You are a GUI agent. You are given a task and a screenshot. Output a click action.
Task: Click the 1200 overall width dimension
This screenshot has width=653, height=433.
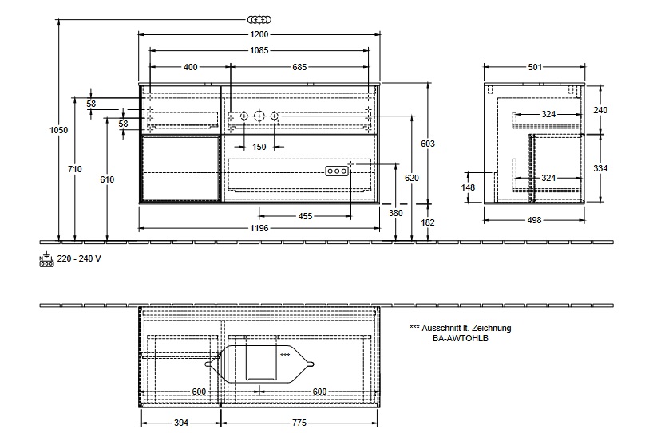(x=259, y=34)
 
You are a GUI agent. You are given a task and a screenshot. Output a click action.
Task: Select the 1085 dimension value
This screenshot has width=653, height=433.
(x=259, y=50)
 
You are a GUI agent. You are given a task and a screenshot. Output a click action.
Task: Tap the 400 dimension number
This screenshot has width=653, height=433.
(x=191, y=67)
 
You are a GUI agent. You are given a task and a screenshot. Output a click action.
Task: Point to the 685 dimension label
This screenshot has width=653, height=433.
(x=299, y=67)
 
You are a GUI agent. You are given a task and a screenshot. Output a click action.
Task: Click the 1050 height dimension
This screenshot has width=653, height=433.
(x=59, y=130)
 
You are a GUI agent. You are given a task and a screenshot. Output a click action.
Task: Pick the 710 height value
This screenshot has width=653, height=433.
(x=75, y=169)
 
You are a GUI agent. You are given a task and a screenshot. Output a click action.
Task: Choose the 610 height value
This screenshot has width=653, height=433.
(x=107, y=179)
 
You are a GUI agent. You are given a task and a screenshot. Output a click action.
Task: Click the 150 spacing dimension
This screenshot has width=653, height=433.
(x=259, y=147)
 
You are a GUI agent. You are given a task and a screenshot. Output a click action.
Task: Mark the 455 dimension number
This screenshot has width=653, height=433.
(x=305, y=216)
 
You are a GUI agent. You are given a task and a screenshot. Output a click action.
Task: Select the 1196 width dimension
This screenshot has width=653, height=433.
(x=259, y=228)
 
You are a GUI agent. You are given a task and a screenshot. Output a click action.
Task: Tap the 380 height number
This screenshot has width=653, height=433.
(x=396, y=213)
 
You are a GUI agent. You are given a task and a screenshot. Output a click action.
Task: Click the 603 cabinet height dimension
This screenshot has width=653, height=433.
(x=428, y=144)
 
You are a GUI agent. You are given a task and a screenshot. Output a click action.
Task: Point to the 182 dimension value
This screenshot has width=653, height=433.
(x=428, y=222)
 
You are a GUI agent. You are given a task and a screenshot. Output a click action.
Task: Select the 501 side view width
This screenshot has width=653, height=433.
(x=535, y=67)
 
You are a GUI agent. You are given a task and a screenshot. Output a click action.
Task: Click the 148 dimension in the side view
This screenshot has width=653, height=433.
(x=468, y=187)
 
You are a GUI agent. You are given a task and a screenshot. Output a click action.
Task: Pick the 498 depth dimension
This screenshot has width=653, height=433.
(x=534, y=220)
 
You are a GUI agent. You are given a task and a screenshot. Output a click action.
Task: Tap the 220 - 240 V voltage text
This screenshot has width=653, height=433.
(x=79, y=258)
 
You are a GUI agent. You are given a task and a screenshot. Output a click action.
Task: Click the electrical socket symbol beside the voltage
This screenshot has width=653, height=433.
(x=46, y=259)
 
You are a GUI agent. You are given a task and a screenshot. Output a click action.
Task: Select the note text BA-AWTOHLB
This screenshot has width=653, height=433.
(x=460, y=338)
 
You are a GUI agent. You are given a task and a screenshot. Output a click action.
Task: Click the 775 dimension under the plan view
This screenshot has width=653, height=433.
(x=299, y=423)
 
